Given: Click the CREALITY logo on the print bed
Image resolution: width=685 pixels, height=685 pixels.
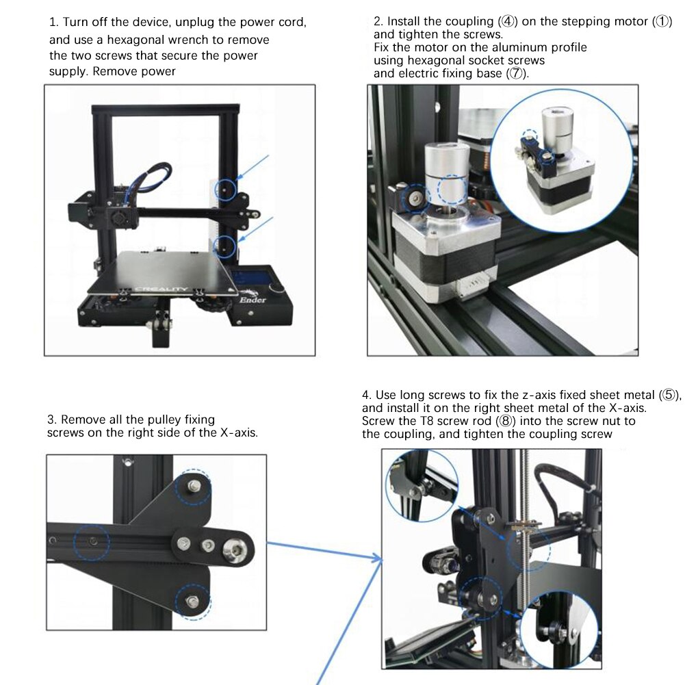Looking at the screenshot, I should pyautogui.click(x=161, y=289).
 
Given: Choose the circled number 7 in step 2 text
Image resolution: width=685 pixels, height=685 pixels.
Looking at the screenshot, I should pyautogui.click(x=517, y=73).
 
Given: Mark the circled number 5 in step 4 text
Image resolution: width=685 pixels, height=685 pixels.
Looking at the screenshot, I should pyautogui.click(x=668, y=395).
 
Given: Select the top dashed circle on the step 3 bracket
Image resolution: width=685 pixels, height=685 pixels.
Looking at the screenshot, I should pyautogui.click(x=194, y=485).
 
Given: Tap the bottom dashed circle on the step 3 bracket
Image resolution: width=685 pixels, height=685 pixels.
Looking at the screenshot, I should pyautogui.click(x=192, y=601).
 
